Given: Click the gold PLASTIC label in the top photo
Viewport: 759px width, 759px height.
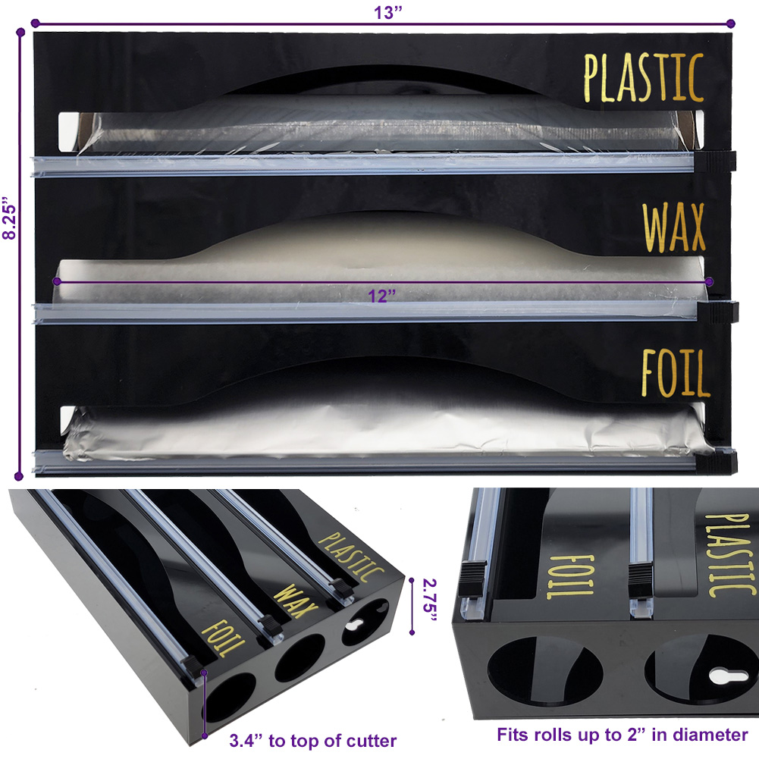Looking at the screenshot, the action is point(643,77).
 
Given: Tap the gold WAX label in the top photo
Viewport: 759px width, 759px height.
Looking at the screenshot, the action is point(674,227).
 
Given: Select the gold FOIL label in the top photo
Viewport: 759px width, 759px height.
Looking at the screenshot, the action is point(676,373).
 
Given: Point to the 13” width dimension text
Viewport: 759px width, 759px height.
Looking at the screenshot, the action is point(387,12).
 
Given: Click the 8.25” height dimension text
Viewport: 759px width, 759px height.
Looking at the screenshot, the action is point(9,218).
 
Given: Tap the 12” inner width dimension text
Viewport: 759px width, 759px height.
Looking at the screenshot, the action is point(382,295).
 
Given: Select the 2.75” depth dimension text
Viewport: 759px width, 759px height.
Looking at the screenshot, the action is point(430,601).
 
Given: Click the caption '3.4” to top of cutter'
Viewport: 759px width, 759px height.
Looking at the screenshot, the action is point(312,741).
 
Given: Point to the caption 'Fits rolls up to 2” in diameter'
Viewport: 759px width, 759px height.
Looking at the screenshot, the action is point(622,734).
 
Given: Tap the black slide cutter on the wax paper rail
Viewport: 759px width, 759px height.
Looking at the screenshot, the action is point(718,312).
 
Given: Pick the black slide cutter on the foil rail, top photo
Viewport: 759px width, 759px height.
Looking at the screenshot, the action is point(717,461).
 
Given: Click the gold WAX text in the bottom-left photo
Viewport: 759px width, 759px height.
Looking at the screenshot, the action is point(295,601).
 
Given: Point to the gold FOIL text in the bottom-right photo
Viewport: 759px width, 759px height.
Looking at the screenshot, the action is point(569,576).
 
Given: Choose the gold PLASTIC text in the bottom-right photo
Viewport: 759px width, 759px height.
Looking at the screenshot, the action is point(730,555).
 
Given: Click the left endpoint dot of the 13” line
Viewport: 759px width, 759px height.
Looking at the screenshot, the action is point(35,23).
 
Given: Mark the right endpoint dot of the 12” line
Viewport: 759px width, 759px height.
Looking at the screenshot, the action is point(709,281).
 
